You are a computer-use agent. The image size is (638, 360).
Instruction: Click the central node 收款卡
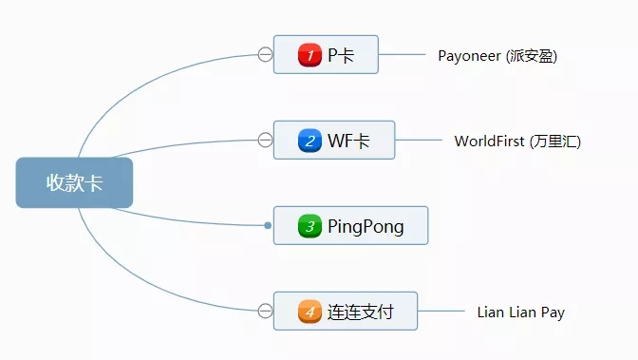[74, 182]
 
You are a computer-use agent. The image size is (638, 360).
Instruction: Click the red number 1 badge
[310, 55]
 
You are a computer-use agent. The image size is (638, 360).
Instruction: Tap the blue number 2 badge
[310, 141]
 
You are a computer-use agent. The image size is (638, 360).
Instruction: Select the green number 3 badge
[310, 226]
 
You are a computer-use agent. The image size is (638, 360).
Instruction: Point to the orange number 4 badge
[310, 311]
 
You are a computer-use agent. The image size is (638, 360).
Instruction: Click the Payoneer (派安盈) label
[497, 55]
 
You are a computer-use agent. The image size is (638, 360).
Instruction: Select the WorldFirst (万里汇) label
[516, 142]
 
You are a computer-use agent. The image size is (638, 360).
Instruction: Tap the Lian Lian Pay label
[520, 312]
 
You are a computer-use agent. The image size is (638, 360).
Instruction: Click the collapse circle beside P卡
[265, 54]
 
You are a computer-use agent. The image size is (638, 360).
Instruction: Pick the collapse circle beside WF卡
[265, 141]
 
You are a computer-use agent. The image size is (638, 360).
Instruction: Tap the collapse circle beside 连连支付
[265, 310]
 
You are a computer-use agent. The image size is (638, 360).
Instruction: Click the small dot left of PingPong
[268, 225]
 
